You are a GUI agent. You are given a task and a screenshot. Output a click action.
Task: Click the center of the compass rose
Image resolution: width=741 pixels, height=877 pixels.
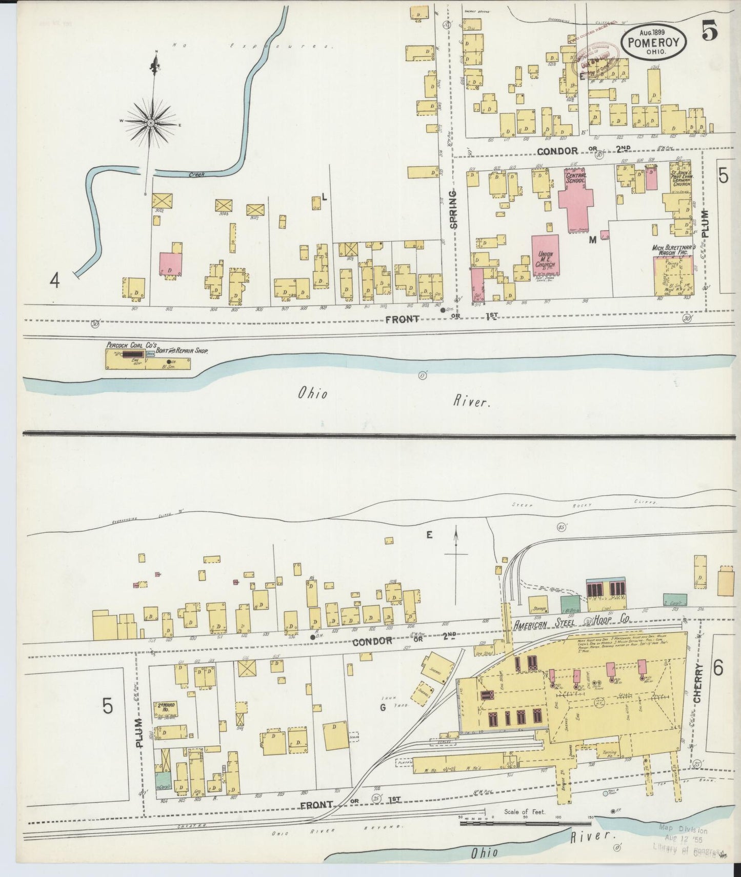click(x=151, y=124)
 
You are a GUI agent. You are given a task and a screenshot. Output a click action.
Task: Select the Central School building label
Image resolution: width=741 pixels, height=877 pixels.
click(x=576, y=178)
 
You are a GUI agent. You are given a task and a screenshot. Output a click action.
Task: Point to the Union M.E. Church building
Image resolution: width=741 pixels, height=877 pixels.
click(x=545, y=255)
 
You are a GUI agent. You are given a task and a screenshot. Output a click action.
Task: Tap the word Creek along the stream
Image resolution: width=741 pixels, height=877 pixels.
click(x=197, y=175)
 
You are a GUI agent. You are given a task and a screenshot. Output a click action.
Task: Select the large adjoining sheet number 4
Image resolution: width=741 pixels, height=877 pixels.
click(x=55, y=280)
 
